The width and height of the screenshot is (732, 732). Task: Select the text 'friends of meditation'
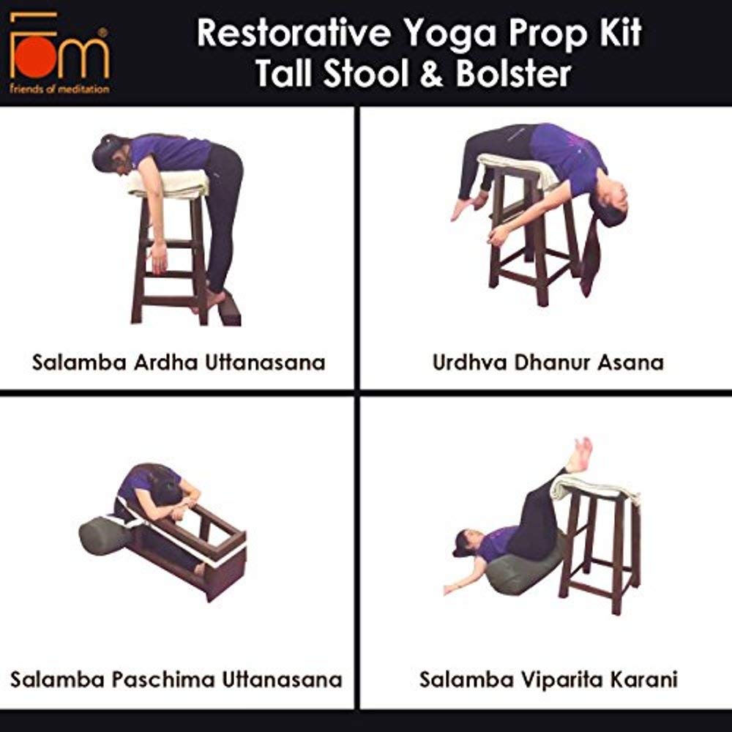(x=59, y=89)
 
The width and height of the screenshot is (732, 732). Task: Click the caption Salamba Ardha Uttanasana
(x=179, y=362)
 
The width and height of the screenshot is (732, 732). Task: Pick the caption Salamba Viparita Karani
(x=548, y=679)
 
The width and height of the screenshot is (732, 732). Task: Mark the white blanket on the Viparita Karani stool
(x=593, y=487)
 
